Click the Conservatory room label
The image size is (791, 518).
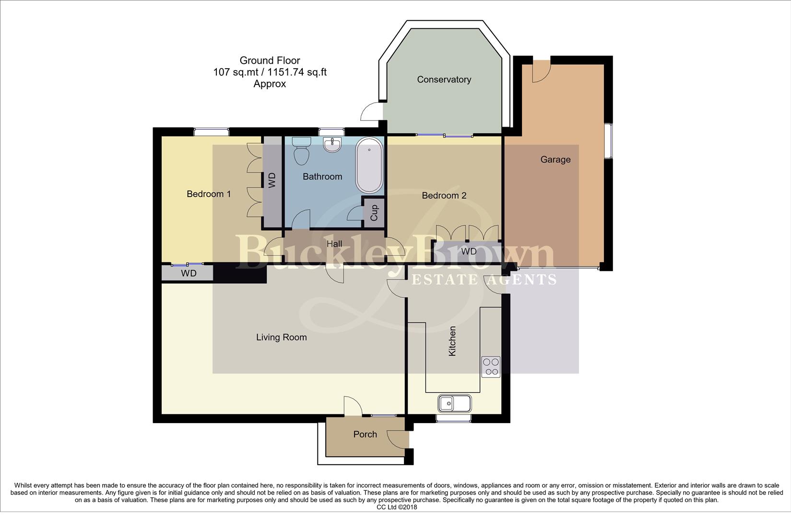[444, 80]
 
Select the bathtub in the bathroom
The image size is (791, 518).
[369, 165]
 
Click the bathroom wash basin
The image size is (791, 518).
[332, 144]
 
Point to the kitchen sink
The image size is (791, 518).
[454, 403]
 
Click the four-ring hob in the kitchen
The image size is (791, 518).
[491, 367]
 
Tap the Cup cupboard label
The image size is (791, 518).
[374, 212]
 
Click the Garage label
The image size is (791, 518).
[555, 160]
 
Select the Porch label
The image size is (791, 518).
[365, 435]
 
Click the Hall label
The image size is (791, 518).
[334, 244]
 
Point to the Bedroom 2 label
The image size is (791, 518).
[444, 196]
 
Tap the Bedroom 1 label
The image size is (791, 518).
[209, 194]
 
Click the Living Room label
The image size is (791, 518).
[281, 338]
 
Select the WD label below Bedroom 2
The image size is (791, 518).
[469, 252]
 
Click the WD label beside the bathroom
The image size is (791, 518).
[272, 180]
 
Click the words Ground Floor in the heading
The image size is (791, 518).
[270, 60]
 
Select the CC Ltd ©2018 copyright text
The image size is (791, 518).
[397, 507]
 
